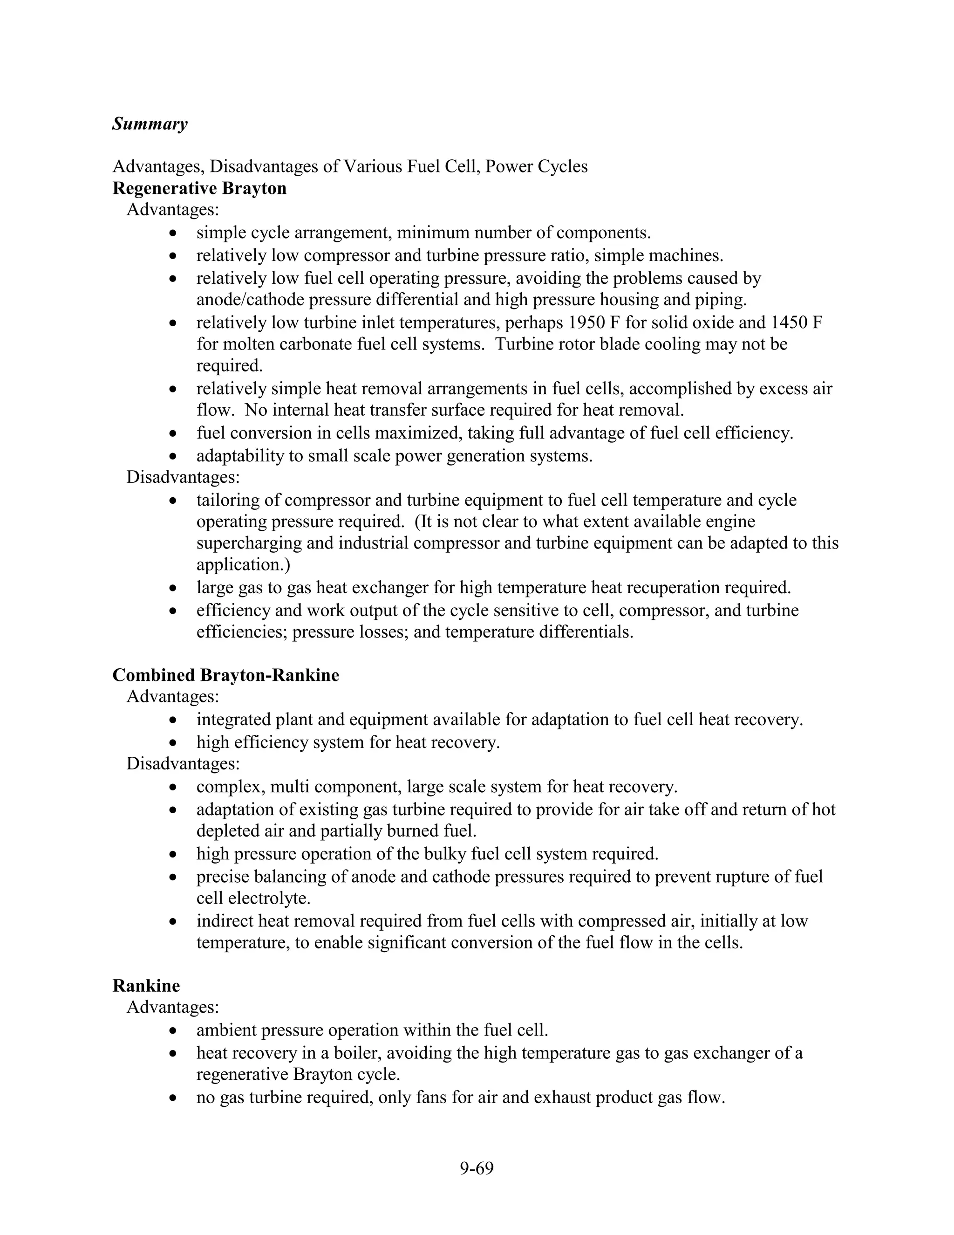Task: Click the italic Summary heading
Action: [x=150, y=124]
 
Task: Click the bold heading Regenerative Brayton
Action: [x=199, y=188]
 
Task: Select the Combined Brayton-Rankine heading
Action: [x=225, y=675]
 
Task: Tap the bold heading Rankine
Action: [x=146, y=986]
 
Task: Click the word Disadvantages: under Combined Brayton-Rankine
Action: [x=183, y=764]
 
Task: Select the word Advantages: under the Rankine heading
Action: [x=172, y=1007]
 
